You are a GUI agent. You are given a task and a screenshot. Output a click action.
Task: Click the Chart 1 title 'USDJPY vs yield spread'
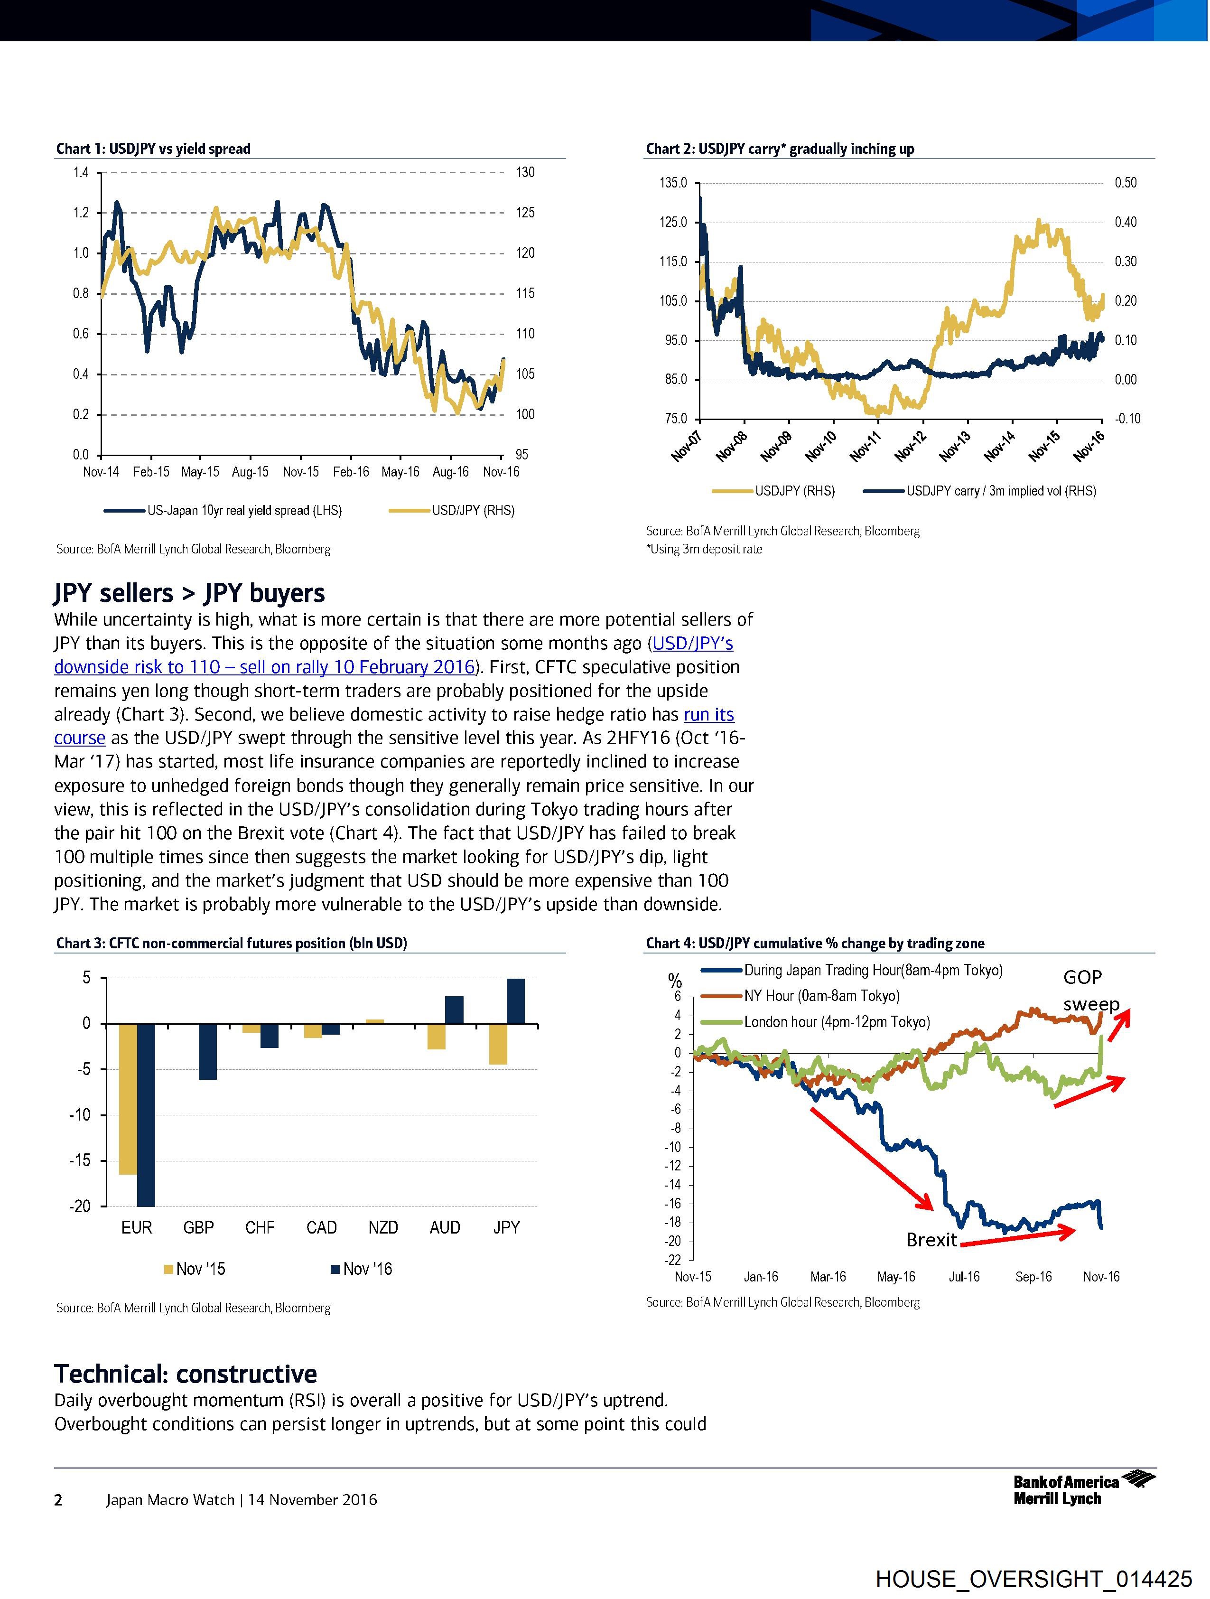pyautogui.click(x=179, y=149)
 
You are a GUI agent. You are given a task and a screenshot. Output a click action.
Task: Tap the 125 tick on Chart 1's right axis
pyautogui.click(x=525, y=213)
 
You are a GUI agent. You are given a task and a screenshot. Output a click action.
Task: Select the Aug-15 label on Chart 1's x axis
pyautogui.click(x=250, y=472)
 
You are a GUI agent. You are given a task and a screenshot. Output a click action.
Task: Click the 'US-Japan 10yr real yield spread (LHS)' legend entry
pyautogui.click(x=244, y=510)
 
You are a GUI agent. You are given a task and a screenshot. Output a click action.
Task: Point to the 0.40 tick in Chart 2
pyautogui.click(x=1126, y=222)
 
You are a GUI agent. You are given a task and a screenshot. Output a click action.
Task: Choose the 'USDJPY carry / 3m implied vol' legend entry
pyautogui.click(x=1001, y=491)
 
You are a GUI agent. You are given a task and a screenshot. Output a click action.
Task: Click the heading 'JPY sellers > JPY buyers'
pyautogui.click(x=189, y=593)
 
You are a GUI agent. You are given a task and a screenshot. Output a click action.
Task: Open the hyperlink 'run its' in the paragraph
pyautogui.click(x=708, y=714)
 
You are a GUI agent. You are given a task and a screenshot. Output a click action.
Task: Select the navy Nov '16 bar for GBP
pyautogui.click(x=207, y=1052)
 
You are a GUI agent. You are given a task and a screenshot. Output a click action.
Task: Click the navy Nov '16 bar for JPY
pyautogui.click(x=515, y=1001)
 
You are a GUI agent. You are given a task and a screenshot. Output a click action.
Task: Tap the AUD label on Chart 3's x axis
pyautogui.click(x=445, y=1227)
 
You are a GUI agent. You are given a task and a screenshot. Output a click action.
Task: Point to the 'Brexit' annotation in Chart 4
pyautogui.click(x=931, y=1240)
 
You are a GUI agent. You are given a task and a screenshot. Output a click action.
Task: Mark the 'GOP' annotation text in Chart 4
pyautogui.click(x=1082, y=977)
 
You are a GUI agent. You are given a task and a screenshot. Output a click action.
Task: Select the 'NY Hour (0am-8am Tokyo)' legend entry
pyautogui.click(x=822, y=996)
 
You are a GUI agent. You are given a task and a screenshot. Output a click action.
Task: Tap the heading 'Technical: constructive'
pyautogui.click(x=186, y=1374)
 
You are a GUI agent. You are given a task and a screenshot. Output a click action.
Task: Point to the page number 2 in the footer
pyautogui.click(x=58, y=1500)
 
